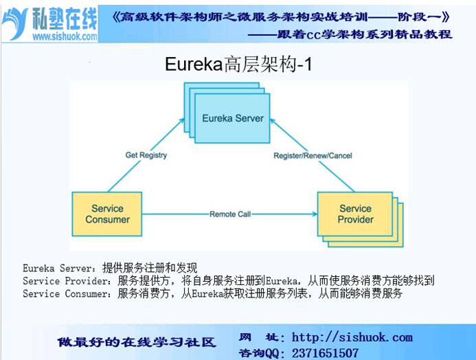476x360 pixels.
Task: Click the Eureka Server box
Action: tap(232, 118)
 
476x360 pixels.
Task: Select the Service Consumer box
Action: tap(107, 214)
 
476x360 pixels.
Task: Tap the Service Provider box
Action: tap(355, 214)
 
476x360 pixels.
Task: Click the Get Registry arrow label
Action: tap(146, 155)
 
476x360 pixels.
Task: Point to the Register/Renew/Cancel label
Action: tap(313, 156)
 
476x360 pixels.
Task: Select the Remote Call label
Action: tap(230, 214)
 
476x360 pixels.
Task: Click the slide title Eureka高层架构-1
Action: tap(238, 65)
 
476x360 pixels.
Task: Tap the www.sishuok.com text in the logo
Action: tap(65, 36)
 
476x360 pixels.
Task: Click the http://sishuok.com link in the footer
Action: tap(352, 337)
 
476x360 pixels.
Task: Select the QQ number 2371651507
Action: tap(325, 353)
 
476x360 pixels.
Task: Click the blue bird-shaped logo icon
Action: tap(14, 23)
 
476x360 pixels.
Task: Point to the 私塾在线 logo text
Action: tap(65, 19)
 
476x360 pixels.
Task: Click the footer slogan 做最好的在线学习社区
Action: tap(137, 342)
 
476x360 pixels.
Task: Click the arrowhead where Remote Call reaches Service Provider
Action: tap(315, 214)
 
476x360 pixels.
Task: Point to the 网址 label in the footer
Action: tap(261, 337)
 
